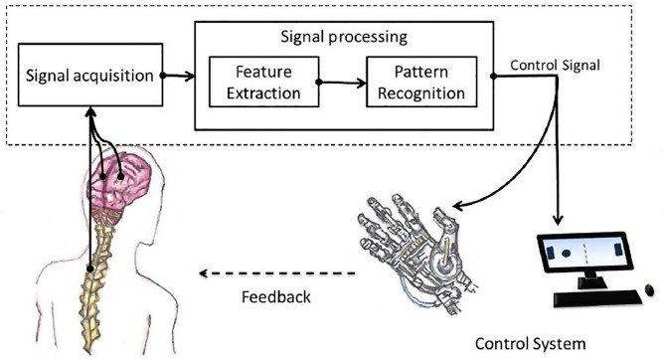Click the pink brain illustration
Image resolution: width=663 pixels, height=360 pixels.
point(125,179)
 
